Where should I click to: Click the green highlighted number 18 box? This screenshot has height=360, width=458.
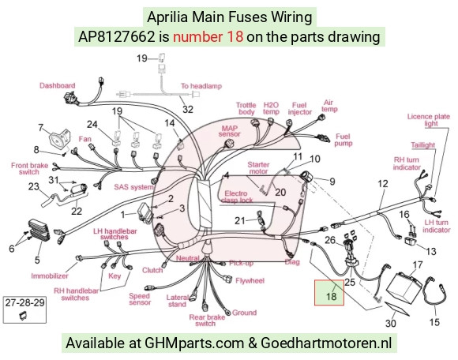click(329, 293)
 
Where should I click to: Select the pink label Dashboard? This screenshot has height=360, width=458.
click(57, 85)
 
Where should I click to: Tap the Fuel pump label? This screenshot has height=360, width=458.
click(343, 140)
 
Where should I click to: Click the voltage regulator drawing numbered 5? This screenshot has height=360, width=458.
click(39, 231)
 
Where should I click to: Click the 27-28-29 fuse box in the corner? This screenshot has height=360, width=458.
click(24, 310)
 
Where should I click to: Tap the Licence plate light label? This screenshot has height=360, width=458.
click(429, 120)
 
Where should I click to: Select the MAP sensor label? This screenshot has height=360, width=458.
click(230, 131)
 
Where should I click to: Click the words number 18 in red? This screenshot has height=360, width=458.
click(208, 37)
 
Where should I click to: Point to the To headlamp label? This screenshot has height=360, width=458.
click(201, 86)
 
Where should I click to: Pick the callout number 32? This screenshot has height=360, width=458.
click(188, 109)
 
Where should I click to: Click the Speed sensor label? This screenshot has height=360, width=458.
click(140, 299)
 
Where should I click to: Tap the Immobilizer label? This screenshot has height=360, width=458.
click(50, 276)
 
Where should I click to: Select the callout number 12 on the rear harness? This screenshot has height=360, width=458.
click(383, 184)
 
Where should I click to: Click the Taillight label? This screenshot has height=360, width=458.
click(423, 145)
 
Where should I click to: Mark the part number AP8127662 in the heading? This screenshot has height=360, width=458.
click(116, 37)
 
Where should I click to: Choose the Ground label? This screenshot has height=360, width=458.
click(245, 313)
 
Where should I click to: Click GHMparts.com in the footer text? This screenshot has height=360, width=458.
click(194, 342)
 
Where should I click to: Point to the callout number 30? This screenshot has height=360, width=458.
click(391, 323)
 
